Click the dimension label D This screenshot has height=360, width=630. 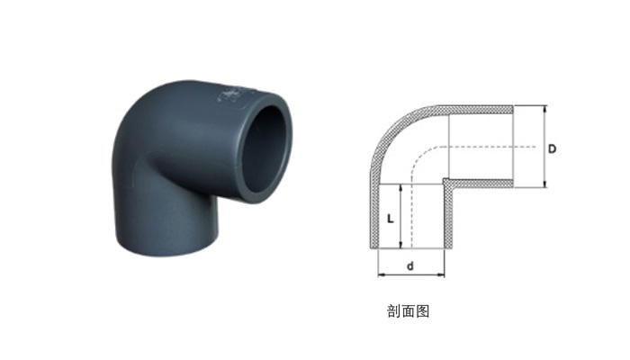[x=553, y=148]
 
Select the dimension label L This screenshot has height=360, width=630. [x=390, y=219]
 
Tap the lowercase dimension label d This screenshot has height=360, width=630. [x=410, y=265]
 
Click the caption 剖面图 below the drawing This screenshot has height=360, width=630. [x=409, y=311]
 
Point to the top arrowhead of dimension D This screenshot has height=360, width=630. [x=545, y=109]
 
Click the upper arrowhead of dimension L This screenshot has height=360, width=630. [x=400, y=188]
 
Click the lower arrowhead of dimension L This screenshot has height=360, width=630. [x=400, y=245]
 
